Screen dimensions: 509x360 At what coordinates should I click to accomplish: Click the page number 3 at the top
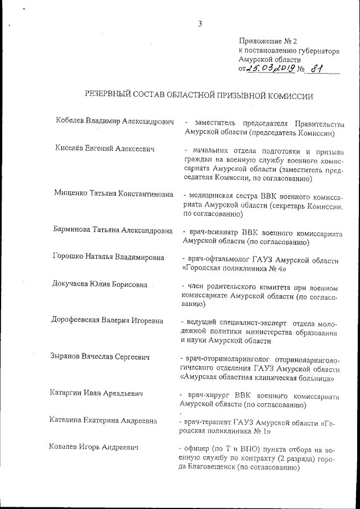[x=200, y=23]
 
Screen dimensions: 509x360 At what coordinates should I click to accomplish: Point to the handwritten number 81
[x=318, y=69]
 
